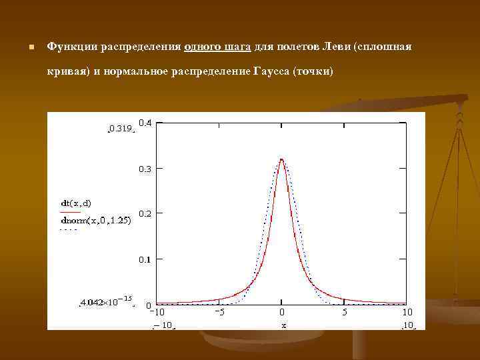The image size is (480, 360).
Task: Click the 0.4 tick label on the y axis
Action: click(x=145, y=123)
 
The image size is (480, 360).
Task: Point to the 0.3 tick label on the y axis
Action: click(x=145, y=169)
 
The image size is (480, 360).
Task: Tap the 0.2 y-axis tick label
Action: click(x=145, y=213)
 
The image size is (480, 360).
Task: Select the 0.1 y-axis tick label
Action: click(x=145, y=259)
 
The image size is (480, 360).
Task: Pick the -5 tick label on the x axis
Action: click(x=219, y=312)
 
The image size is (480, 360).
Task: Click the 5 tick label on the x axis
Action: click(x=344, y=312)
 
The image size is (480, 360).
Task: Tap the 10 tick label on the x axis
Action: click(x=407, y=312)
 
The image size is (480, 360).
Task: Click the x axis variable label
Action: click(x=283, y=325)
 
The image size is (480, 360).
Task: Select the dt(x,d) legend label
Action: click(x=75, y=203)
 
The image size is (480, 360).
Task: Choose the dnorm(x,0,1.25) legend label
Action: click(x=95, y=219)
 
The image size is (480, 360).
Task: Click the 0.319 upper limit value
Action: click(x=121, y=129)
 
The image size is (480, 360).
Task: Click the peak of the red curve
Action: click(x=282, y=159)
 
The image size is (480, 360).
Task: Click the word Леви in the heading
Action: click(x=337, y=47)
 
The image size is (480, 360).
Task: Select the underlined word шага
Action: click(x=237, y=47)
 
